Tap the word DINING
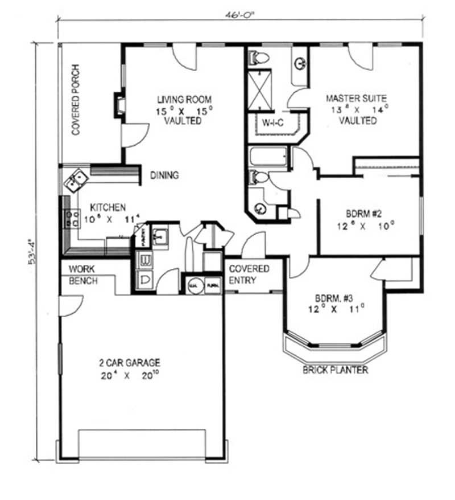[x=164, y=175]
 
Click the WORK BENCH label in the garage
[x=83, y=274]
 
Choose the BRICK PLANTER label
[x=336, y=370]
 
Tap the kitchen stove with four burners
[x=72, y=220]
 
